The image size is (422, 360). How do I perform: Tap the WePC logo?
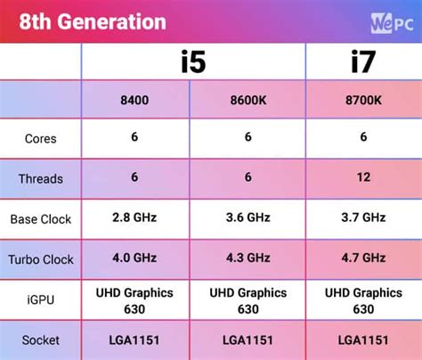point(389,20)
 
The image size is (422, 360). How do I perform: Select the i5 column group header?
point(193,62)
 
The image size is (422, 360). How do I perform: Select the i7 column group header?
point(362,62)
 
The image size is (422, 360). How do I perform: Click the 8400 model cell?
point(134,100)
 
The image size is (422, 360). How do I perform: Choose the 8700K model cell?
point(362,100)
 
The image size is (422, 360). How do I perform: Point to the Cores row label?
point(41,139)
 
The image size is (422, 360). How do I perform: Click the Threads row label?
point(41,178)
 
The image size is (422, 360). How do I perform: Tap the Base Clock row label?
point(41,218)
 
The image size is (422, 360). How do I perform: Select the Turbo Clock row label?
point(41,258)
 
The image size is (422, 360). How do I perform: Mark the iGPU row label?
point(41,300)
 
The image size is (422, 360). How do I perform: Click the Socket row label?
point(41,340)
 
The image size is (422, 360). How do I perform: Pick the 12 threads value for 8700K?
point(362,177)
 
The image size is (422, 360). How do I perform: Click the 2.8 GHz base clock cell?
point(134,217)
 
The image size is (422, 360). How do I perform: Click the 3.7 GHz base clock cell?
point(362,217)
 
